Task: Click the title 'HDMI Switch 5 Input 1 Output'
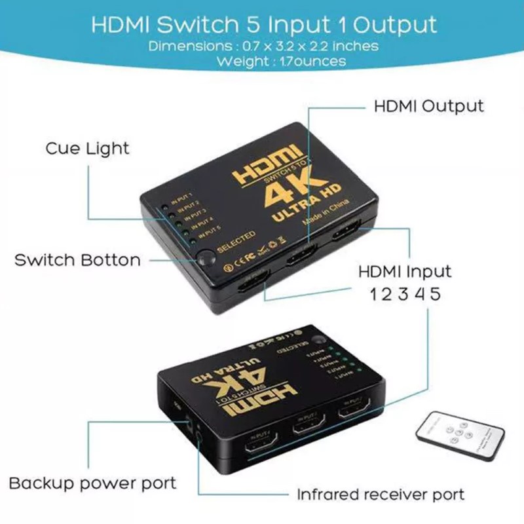[x=263, y=25]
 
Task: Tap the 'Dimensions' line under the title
[x=263, y=47]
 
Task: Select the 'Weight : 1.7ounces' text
[x=263, y=61]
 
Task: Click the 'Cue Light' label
[x=87, y=148]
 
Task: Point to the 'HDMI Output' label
[x=428, y=106]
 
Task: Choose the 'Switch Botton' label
[x=77, y=259]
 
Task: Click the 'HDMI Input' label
[x=405, y=271]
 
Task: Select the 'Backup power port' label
[x=92, y=483]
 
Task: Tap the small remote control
[x=459, y=435]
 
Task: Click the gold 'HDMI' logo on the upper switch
[x=267, y=168]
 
